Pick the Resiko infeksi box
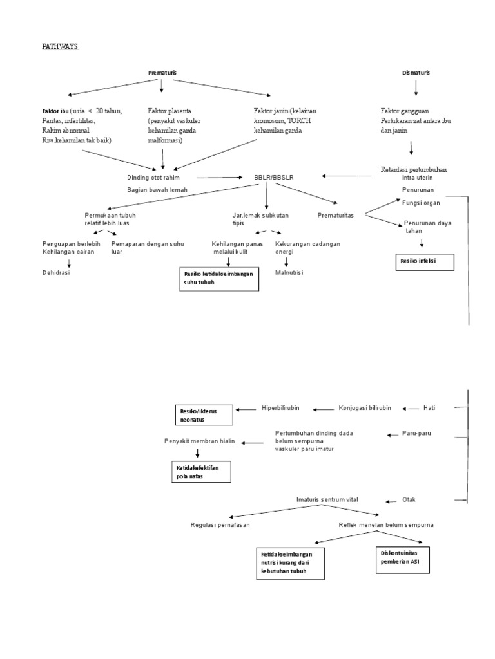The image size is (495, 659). [x=424, y=263]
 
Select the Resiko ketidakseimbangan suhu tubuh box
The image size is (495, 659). [x=218, y=277]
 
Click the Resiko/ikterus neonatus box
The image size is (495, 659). [x=204, y=414]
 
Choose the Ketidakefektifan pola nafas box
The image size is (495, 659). [x=200, y=472]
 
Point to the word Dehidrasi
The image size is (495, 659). [x=57, y=272]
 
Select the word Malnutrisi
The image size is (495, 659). [x=289, y=272]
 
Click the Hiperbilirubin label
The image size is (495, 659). [x=280, y=408]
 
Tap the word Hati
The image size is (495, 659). [x=430, y=408]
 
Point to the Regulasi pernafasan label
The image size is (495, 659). [x=220, y=524]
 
